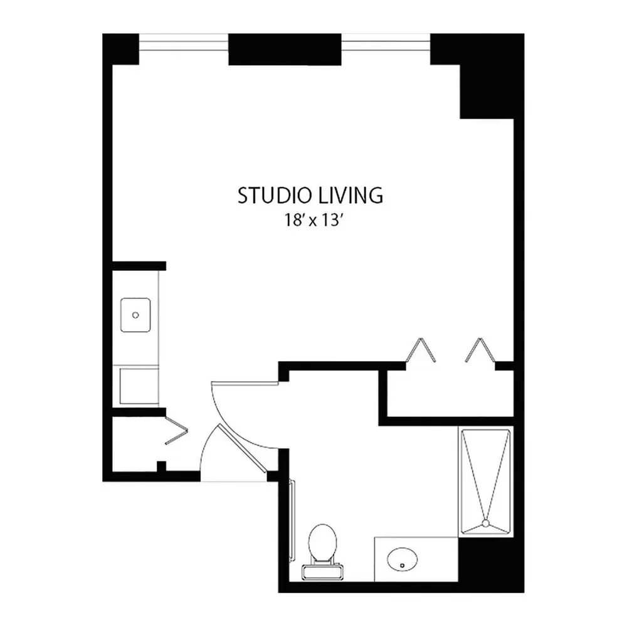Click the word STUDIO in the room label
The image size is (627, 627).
pos(275,196)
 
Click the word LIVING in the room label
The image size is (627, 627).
pos(350,196)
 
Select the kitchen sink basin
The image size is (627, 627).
pos(135,315)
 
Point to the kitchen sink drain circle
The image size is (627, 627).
pos(135,315)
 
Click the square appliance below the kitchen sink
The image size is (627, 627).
pos(139,386)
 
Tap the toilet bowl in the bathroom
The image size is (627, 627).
pos(322,542)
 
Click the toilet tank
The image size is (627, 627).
pos(322,571)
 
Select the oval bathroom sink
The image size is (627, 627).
pos(403,559)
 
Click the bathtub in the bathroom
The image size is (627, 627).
pos(486,482)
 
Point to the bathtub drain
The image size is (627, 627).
pos(486,523)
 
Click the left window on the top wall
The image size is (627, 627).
pos(184,43)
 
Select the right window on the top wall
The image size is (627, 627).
pos(386,43)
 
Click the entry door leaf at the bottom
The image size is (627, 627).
pos(242,448)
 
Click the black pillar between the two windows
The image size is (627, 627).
pos(285,49)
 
